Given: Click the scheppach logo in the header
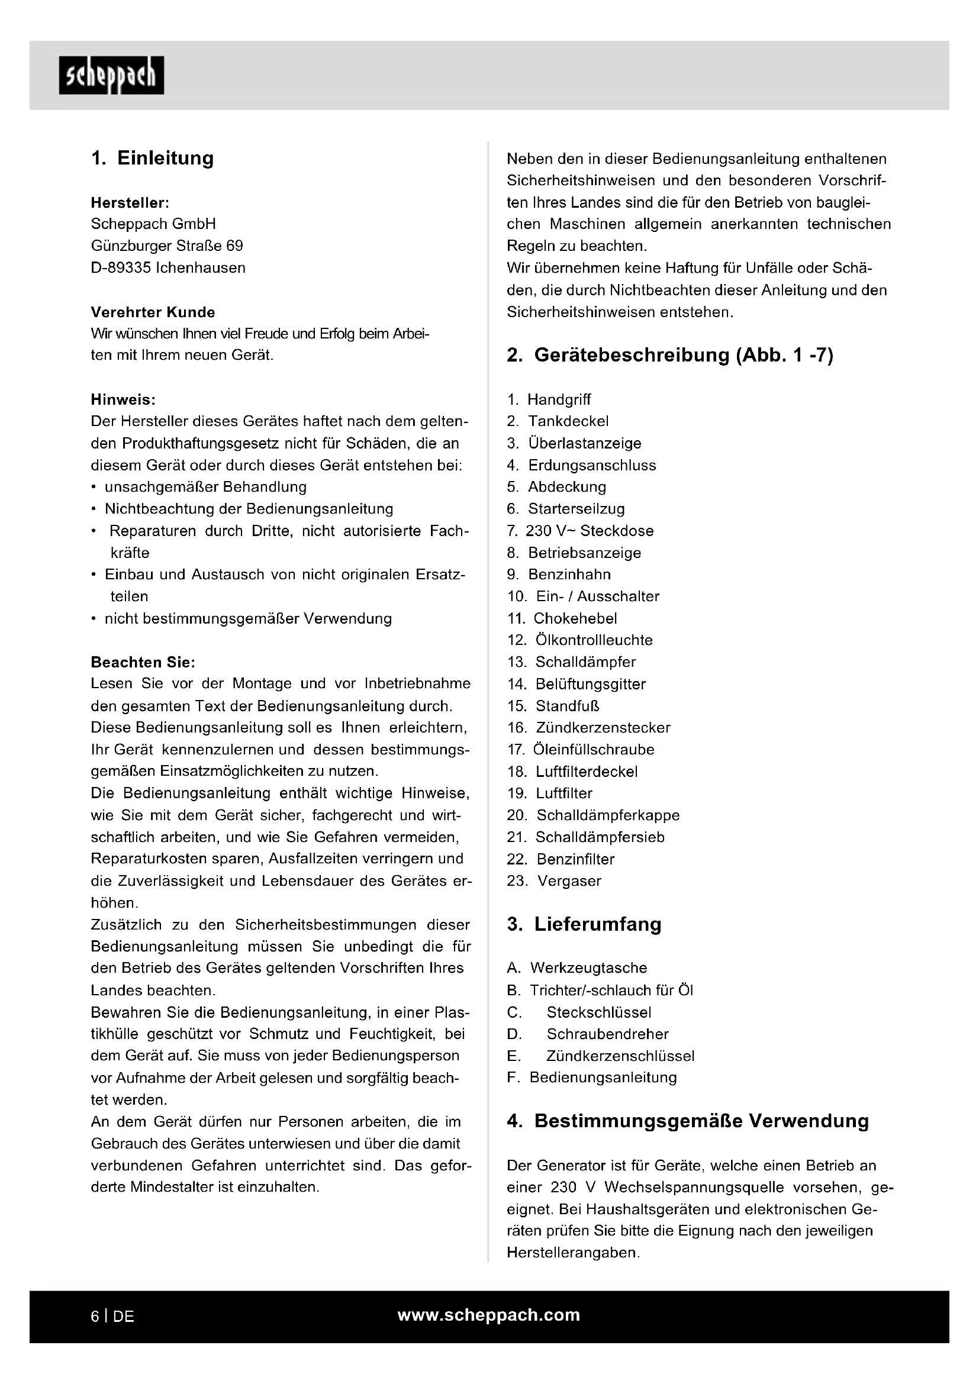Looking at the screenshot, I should (111, 75).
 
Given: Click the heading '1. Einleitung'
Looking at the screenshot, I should (153, 158).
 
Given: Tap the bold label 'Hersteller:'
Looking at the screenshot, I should (130, 202).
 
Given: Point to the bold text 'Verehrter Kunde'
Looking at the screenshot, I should (153, 312).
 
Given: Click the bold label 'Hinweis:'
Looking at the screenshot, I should (123, 399).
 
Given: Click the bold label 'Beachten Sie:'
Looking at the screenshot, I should (143, 663).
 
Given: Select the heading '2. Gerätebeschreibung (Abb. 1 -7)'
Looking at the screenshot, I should (670, 355).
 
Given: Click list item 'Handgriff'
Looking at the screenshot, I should (559, 399).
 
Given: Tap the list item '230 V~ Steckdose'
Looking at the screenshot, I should (589, 531).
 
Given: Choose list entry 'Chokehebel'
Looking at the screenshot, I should (575, 618).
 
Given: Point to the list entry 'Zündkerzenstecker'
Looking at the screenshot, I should (603, 728).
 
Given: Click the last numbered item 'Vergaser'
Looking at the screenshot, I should (569, 881).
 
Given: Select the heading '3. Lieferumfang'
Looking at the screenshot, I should (584, 924).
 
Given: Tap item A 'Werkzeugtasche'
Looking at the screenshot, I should (588, 968).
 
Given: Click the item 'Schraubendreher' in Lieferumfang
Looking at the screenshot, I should (608, 1034).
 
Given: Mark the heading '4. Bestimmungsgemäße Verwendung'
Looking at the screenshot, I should (688, 1121).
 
